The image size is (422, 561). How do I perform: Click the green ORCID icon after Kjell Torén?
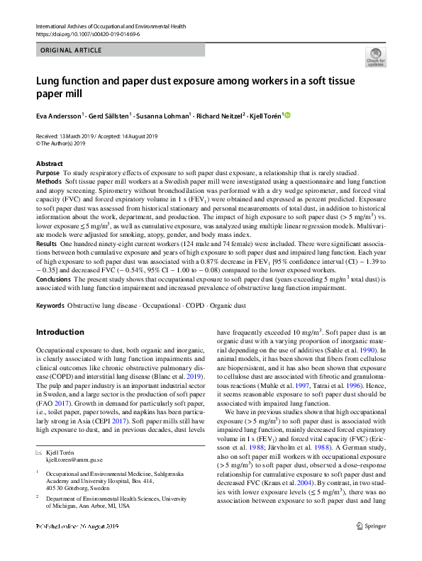tap(287, 115)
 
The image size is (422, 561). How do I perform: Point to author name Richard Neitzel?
tap(218, 115)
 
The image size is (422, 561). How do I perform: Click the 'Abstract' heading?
tap(49, 164)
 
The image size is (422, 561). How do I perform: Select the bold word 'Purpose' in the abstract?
tap(48, 173)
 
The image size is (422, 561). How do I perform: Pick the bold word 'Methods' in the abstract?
tap(48, 182)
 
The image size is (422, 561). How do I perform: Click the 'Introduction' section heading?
tap(60, 332)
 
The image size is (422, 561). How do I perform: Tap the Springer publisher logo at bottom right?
tap(372, 545)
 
